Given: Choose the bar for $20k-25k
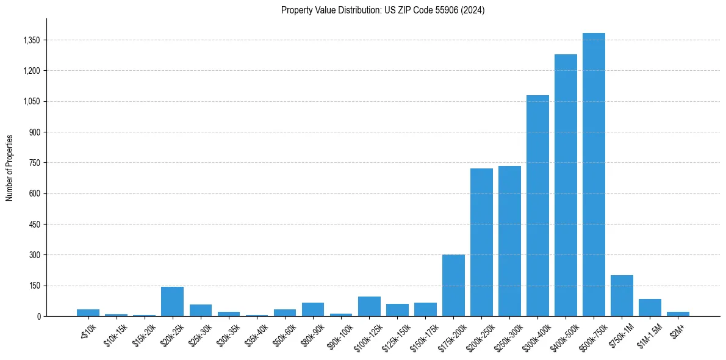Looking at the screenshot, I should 172,301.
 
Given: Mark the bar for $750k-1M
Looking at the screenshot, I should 622,295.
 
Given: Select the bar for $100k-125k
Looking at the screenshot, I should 369,306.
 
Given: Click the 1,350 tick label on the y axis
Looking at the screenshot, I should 31,40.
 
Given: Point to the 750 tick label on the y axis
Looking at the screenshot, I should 34,163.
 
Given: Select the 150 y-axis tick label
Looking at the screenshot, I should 34,286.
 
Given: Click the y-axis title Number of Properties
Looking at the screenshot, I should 10,167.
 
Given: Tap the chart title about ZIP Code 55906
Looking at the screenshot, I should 383,10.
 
